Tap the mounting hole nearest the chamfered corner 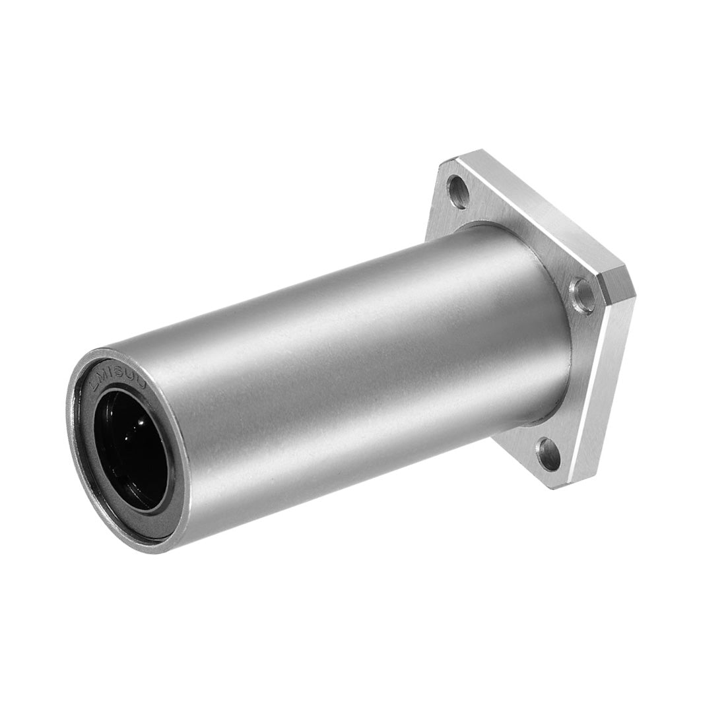(581, 289)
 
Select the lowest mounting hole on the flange (545, 453)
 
